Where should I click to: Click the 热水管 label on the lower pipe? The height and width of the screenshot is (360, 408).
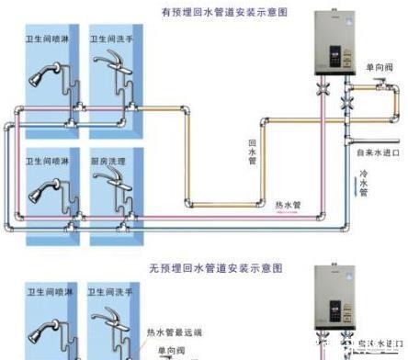point(289,204)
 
